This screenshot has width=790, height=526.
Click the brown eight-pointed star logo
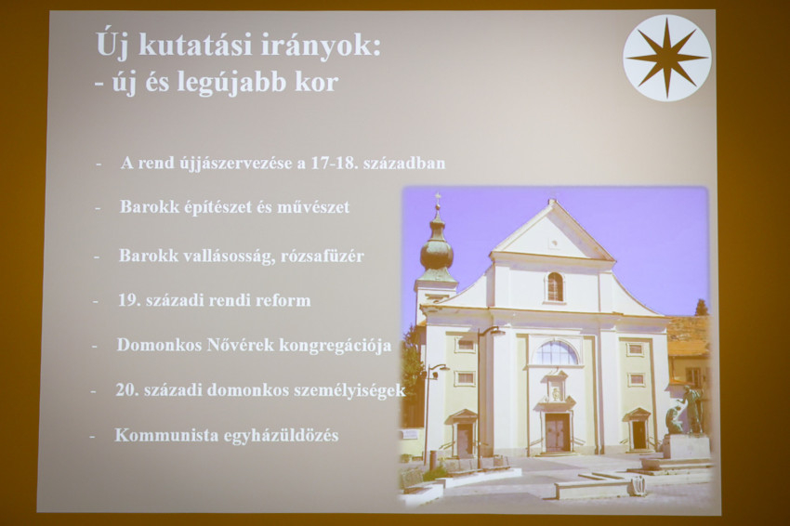666,58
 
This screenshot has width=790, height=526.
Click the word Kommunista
154,435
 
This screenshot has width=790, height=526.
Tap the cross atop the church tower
438,197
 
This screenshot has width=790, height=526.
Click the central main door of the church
557,432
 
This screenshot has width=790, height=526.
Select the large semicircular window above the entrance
556,353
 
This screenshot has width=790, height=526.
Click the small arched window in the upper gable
555,286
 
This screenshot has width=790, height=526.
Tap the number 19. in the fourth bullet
129,300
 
